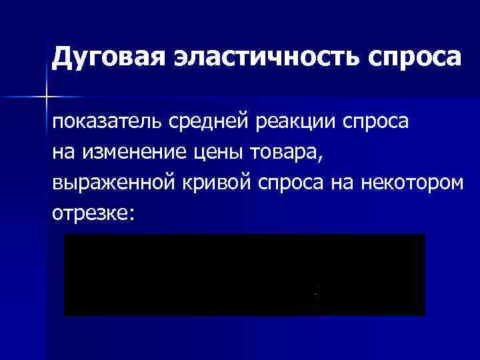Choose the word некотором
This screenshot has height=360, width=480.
(x=411, y=183)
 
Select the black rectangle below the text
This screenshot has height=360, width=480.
(x=245, y=275)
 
